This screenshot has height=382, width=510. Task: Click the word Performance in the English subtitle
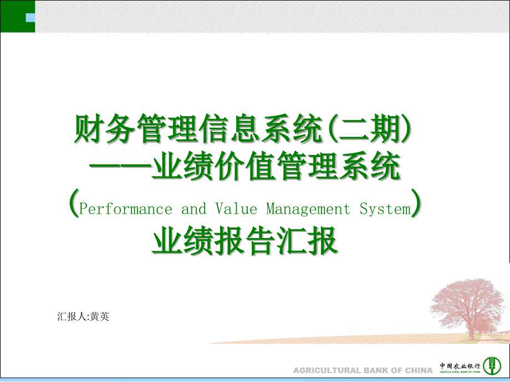click(125, 209)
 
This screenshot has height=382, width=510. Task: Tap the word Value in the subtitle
click(236, 208)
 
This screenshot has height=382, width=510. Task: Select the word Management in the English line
click(308, 209)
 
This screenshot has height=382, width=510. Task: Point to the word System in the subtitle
click(385, 209)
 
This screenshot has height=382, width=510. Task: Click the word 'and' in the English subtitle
click(193, 209)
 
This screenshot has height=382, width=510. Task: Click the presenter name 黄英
click(100, 316)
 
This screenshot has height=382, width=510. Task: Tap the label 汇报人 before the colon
click(72, 316)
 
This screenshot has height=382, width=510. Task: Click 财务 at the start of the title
click(105, 129)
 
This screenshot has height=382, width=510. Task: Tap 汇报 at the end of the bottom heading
click(307, 240)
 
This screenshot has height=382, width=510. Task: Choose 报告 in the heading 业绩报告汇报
click(245, 240)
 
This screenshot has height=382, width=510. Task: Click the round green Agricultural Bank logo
click(492, 365)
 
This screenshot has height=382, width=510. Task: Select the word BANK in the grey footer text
click(375, 370)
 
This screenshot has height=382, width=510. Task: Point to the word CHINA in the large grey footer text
click(419, 370)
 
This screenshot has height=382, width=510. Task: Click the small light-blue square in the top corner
click(30, 18)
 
